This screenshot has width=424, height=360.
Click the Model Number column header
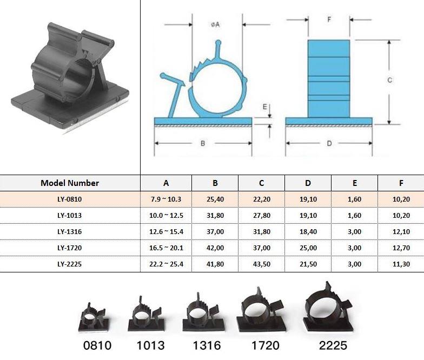coord(70,183)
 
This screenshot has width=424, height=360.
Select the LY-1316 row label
coord(69,231)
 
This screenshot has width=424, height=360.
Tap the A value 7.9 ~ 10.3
coord(166,199)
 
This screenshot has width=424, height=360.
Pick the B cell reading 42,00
coord(215,248)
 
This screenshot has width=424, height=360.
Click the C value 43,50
coord(262,264)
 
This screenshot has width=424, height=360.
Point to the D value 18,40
coord(308,231)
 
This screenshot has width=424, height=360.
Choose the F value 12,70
coord(401,248)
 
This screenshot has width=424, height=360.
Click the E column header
coord(355,183)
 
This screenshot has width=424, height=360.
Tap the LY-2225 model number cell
coord(69,264)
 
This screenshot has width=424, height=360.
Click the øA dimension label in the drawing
coord(215,25)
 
